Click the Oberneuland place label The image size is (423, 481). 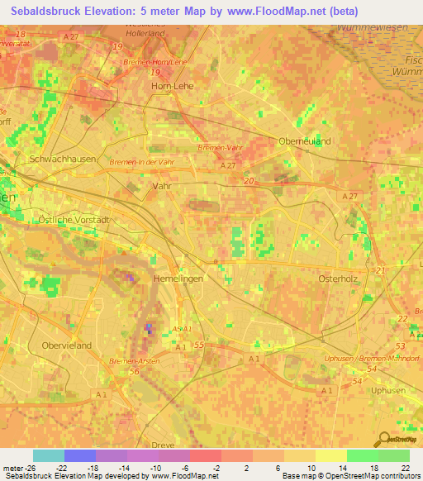pos(304,140)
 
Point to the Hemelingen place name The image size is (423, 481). pos(178,279)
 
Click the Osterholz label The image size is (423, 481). pos(337,279)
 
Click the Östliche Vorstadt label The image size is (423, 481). pos(74,219)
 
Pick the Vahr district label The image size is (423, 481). pos(162,187)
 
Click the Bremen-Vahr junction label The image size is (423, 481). pos(218,147)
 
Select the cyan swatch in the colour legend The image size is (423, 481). pos(49,455)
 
